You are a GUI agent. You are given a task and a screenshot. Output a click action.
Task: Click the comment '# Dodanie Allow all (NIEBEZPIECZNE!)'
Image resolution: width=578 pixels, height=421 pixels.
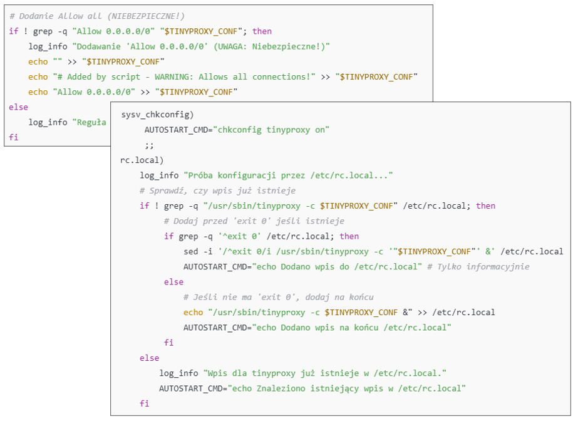97,16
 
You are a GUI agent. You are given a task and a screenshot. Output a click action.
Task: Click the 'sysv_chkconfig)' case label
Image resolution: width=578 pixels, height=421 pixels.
157,115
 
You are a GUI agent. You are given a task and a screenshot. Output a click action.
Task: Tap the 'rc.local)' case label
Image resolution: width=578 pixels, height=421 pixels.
142,160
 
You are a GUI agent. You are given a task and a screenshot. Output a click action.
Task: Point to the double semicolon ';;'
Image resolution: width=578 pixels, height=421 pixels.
149,145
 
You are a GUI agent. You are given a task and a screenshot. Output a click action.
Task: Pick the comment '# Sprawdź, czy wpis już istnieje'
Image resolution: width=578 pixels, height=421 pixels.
217,190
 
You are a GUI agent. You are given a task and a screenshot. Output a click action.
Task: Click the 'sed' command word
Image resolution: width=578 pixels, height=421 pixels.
190,251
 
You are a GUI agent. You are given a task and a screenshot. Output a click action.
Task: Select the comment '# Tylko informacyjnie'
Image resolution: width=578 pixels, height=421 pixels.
478,266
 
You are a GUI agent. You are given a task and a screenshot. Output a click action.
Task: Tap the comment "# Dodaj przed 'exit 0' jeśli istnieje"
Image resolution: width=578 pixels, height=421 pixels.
254,221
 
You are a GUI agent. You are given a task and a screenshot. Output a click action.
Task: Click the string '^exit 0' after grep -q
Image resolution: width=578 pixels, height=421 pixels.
239,236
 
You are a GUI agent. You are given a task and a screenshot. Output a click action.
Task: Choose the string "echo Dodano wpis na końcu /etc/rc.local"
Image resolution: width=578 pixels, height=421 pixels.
352,328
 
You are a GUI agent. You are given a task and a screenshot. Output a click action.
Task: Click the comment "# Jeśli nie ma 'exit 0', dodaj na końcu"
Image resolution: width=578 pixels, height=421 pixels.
278,297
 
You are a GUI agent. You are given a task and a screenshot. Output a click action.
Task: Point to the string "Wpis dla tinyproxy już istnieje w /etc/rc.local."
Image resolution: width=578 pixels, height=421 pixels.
325,373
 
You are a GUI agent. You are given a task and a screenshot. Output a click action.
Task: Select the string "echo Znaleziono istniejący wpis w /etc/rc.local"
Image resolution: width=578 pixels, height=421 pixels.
346,388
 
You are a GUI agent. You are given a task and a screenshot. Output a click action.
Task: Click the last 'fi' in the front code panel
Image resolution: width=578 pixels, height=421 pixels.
145,403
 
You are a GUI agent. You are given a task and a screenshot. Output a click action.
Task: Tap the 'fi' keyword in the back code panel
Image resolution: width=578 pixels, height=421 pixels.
14,137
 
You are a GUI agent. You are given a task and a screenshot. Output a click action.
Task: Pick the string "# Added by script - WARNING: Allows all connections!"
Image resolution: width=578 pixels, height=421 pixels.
184,76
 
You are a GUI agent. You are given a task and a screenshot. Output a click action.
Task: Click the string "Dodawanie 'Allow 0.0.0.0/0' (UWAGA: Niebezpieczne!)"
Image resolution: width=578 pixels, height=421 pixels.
201,46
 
